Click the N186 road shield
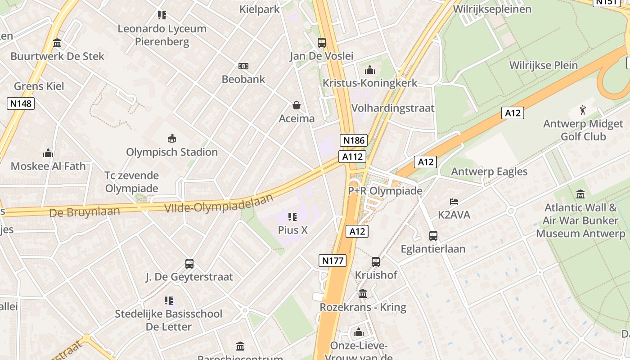[x=354, y=140]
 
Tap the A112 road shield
[x=352, y=157]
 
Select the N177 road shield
[x=333, y=260]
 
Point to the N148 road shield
[x=21, y=103]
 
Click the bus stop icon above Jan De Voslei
[x=321, y=43]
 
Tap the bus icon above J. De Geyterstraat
[x=189, y=264]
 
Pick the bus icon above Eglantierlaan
[x=433, y=235]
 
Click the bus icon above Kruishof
[x=375, y=261]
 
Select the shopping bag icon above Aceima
[x=297, y=105]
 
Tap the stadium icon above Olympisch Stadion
[x=171, y=138]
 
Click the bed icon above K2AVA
[x=454, y=201]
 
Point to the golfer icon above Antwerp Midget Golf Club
[x=583, y=110]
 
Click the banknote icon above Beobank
[x=243, y=66]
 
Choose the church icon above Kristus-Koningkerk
[x=370, y=70]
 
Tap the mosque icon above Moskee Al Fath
[x=48, y=153]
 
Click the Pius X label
[x=292, y=230]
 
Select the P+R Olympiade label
[x=385, y=191]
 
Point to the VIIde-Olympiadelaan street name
[x=219, y=205]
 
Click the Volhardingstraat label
[x=393, y=108]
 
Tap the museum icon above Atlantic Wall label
[x=580, y=194]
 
